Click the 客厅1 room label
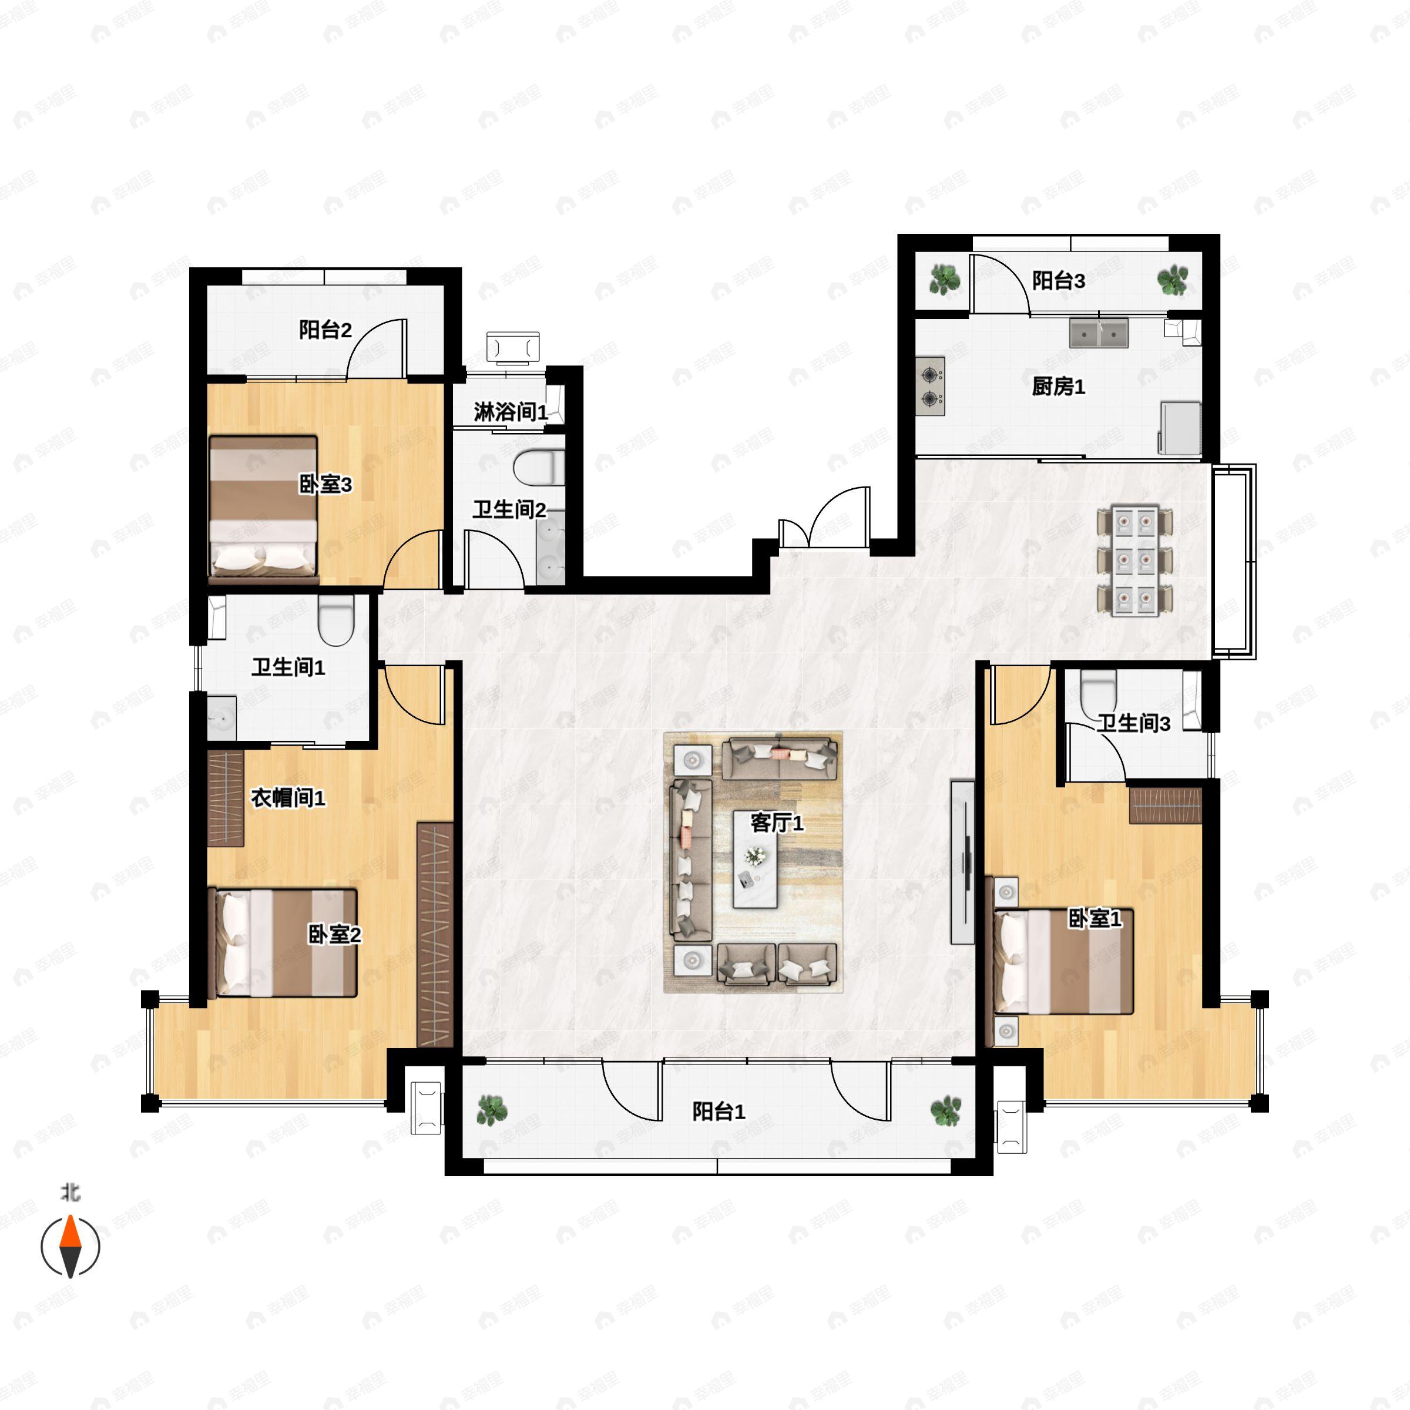pos(777,823)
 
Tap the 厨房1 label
pos(1058,386)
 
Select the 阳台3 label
pos(1058,280)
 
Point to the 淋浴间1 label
pos(510,412)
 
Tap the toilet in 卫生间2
pos(539,468)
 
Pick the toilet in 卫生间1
pos(337,620)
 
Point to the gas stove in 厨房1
pos(931,386)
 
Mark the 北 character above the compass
pos(70,1193)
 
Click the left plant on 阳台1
pos(491,1111)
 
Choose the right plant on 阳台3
pos(1173,280)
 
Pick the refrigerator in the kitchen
pos(1181,428)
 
